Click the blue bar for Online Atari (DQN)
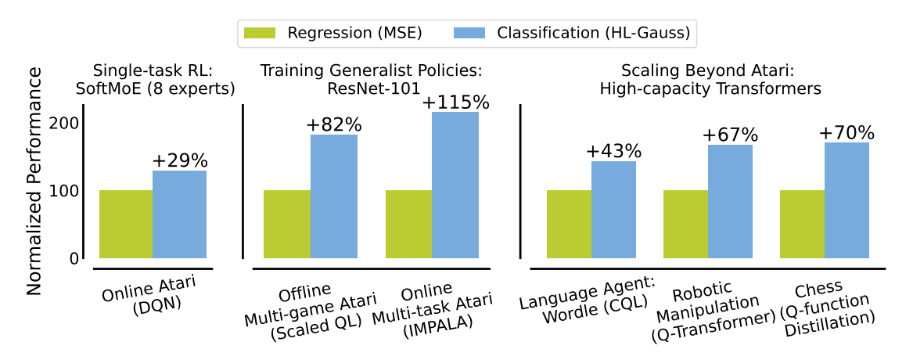[x=179, y=214]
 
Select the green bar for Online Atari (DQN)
[x=126, y=224]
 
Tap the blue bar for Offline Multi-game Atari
[x=334, y=196]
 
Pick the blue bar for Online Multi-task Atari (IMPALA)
[x=455, y=185]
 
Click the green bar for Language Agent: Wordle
[x=569, y=224]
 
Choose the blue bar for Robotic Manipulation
[x=730, y=201]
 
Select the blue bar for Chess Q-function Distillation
[x=847, y=200]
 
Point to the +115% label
[x=455, y=103]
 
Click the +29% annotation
[x=180, y=161]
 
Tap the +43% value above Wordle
[x=613, y=151]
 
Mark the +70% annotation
[x=847, y=133]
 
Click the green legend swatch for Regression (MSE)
[x=261, y=33]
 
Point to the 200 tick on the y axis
[x=66, y=124]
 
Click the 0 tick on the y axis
[x=74, y=258]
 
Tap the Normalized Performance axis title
[x=34, y=180]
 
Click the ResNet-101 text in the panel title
[x=371, y=88]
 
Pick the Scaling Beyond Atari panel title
[x=710, y=79]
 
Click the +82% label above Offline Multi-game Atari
[x=334, y=125]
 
